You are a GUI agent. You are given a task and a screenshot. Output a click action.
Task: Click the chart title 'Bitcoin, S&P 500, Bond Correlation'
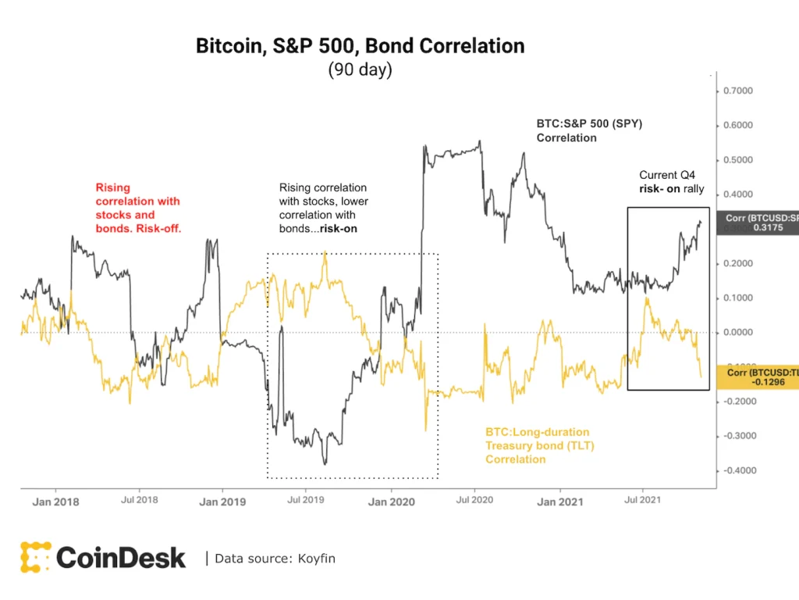click(360, 46)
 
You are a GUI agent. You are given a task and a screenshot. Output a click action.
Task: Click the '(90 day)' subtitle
click(360, 70)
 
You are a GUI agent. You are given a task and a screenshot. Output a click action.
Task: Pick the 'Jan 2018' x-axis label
click(55, 502)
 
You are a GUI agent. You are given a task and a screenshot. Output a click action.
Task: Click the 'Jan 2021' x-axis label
click(559, 502)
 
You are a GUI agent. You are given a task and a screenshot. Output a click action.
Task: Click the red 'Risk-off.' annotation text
click(160, 229)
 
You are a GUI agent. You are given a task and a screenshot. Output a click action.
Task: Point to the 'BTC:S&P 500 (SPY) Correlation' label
click(588, 130)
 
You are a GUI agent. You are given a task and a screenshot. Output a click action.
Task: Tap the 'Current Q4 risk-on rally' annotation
click(672, 181)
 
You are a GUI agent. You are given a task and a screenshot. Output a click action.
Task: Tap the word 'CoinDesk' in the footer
click(121, 558)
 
